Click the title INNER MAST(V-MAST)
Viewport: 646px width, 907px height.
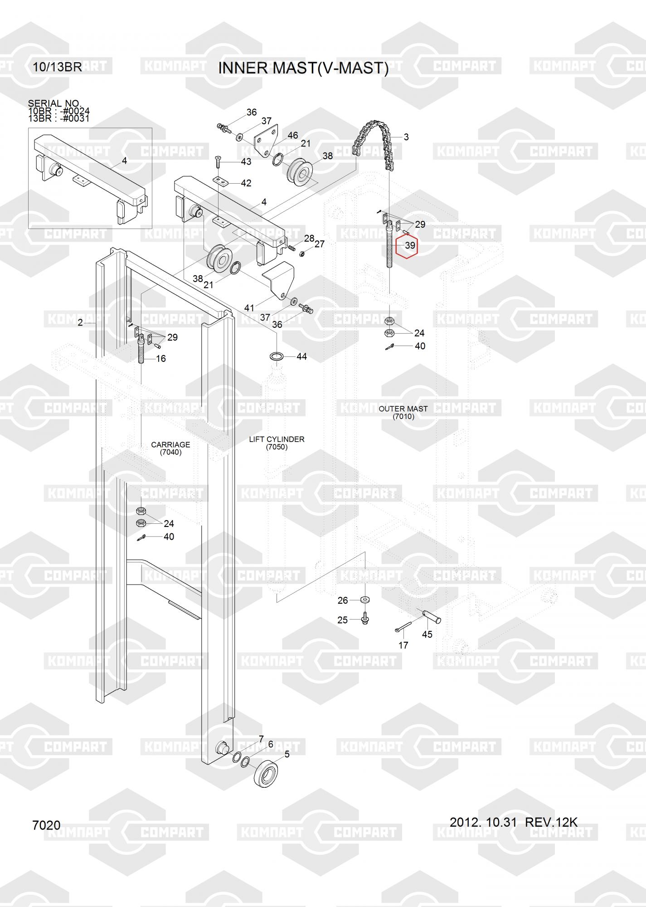[303, 68]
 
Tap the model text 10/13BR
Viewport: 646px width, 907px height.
[57, 67]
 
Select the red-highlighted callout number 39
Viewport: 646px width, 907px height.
[410, 245]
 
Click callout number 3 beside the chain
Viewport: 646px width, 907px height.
[406, 137]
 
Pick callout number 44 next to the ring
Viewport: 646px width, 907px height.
[301, 356]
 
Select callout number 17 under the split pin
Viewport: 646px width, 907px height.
[403, 645]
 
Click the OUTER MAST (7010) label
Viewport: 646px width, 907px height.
[403, 412]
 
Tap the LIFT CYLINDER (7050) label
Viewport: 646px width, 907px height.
[277, 443]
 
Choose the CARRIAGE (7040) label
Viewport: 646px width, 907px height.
[170, 449]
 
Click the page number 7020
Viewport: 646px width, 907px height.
[46, 825]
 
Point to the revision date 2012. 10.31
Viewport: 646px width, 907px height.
[483, 822]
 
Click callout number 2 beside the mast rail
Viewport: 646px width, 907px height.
[80, 322]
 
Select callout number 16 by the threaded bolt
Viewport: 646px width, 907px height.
[161, 358]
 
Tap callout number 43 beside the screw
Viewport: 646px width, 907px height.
[246, 162]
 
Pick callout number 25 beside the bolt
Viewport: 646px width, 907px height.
[343, 619]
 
